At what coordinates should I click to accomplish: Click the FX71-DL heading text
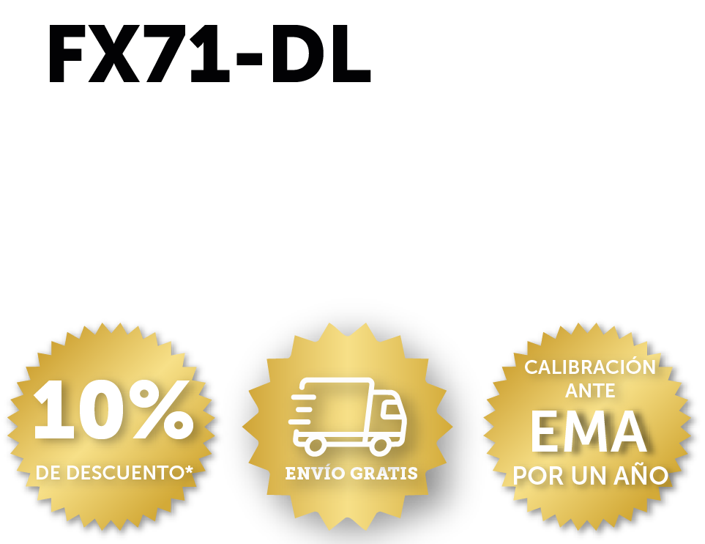pos(209,54)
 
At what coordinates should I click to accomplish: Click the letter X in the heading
pos(113,54)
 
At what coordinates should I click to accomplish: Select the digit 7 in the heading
pos(165,54)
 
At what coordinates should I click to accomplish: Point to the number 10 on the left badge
pos(78,410)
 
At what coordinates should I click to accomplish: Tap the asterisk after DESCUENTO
pos(189,470)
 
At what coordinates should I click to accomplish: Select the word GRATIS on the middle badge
pos(384,474)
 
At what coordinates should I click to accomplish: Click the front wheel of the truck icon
pos(380,446)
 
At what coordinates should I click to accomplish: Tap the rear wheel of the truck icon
pos(316,446)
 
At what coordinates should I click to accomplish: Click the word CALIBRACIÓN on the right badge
pos(590,367)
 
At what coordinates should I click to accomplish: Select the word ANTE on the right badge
pos(590,391)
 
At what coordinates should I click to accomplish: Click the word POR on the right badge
pos(538,476)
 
